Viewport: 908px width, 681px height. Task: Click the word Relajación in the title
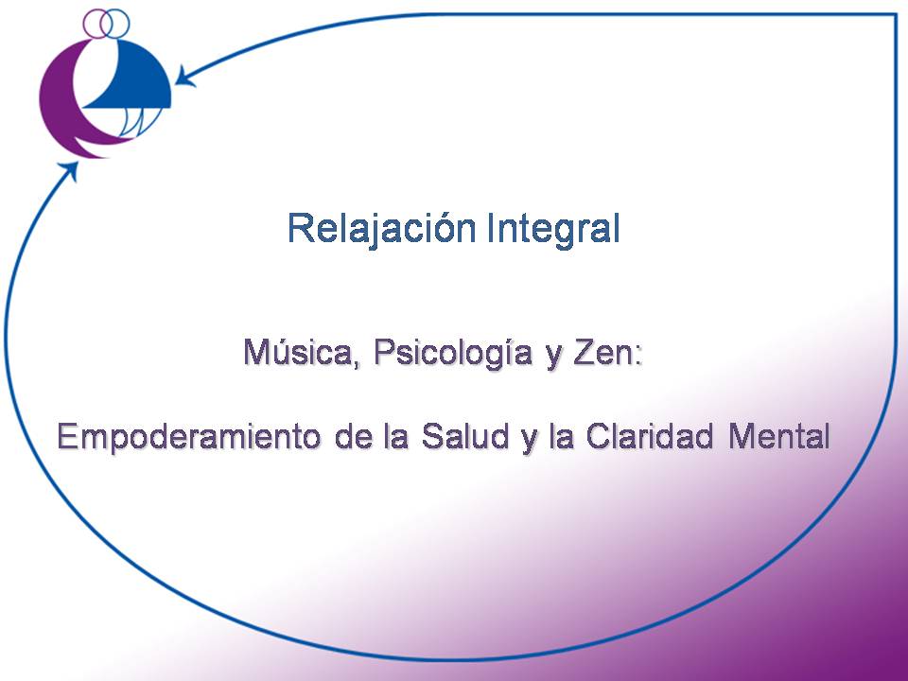[x=381, y=229]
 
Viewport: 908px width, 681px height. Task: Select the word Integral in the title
[x=553, y=228]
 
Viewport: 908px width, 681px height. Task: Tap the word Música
[x=294, y=352]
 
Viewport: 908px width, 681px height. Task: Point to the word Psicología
[x=453, y=353]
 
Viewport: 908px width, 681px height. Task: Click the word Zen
[x=602, y=352]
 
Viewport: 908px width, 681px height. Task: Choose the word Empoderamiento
[x=189, y=437]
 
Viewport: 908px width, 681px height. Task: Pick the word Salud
[x=465, y=436]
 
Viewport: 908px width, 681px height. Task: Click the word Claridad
[x=649, y=436]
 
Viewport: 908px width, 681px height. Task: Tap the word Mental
[x=779, y=436]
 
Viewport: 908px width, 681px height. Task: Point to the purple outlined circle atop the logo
[x=96, y=23]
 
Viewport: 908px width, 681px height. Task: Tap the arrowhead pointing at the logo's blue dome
[x=184, y=77]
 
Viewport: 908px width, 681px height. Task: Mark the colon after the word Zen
[x=638, y=356]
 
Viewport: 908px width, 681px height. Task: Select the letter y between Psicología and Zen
[x=553, y=358]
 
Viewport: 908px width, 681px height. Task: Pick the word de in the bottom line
[x=353, y=436]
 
